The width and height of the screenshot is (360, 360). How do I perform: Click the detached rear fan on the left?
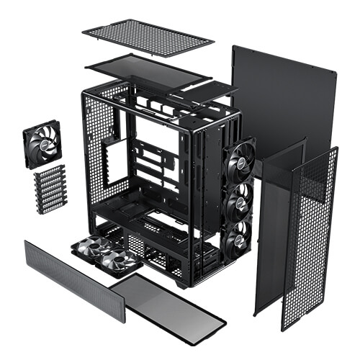point(42,144)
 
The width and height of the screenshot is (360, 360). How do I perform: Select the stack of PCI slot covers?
point(49,189)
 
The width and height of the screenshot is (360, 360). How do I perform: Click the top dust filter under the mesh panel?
point(148,70)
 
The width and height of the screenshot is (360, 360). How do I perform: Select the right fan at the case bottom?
point(119,261)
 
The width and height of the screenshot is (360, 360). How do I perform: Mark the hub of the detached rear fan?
point(42,144)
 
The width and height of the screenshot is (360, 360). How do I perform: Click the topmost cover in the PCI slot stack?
point(49,170)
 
